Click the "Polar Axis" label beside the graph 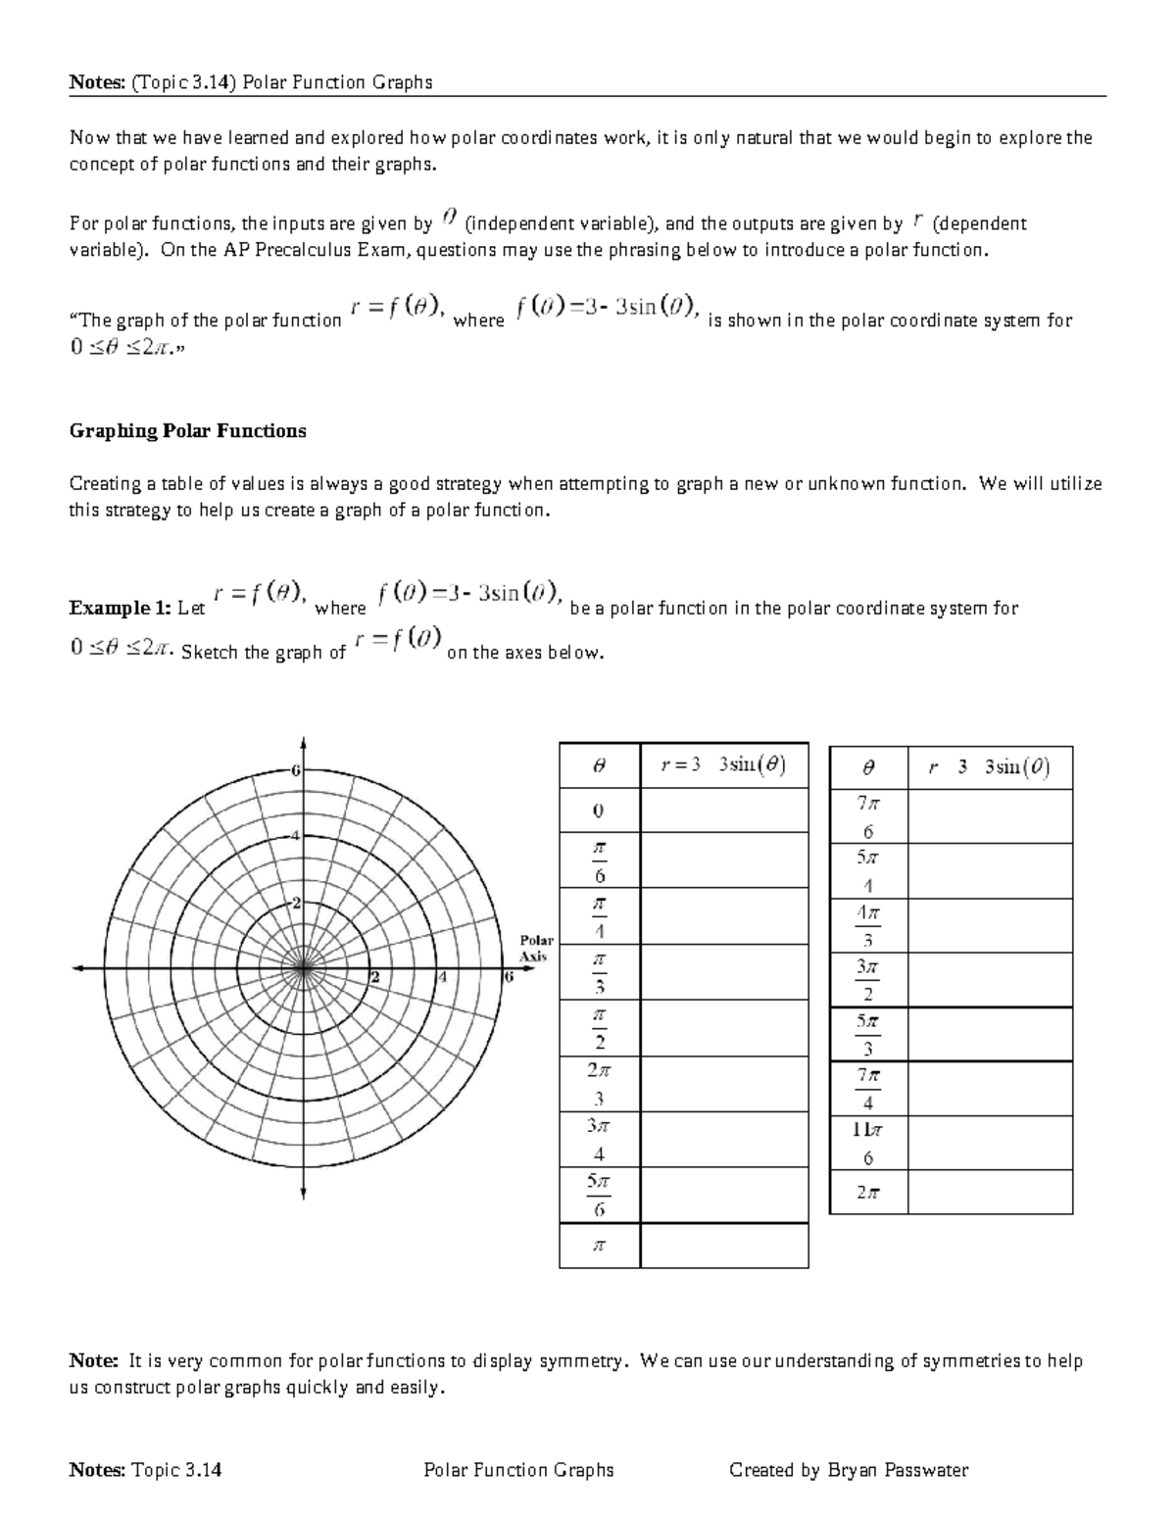pyautogui.click(x=536, y=948)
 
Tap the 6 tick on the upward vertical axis pyautogui.click(x=295, y=770)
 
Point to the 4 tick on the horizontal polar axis pyautogui.click(x=444, y=977)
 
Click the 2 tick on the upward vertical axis pyautogui.click(x=295, y=903)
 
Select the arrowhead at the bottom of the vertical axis pyautogui.click(x=304, y=1194)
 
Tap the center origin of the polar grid pyautogui.click(x=304, y=969)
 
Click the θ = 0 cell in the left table pyautogui.click(x=599, y=811)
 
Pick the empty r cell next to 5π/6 pyautogui.click(x=724, y=1195)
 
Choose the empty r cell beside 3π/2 pyautogui.click(x=990, y=979)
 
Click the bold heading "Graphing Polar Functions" pyautogui.click(x=187, y=431)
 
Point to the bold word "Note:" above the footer pyautogui.click(x=93, y=1361)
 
